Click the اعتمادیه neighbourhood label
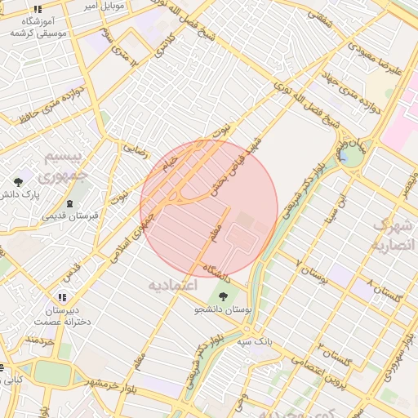[x=175, y=286]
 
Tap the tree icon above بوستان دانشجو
[x=224, y=297]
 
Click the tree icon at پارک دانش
[x=19, y=180]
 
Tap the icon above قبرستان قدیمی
[x=69, y=202]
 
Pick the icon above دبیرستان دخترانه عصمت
[x=61, y=297]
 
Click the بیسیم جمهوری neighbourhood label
[x=62, y=166]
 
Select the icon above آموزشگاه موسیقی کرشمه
[x=38, y=9]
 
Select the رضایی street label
[x=136, y=148]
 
